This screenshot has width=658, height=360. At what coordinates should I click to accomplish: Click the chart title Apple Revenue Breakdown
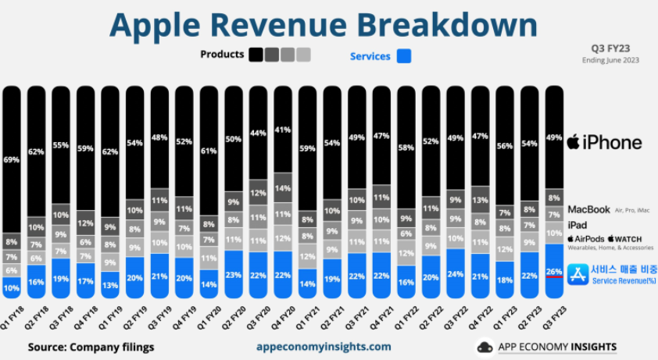pos(324,25)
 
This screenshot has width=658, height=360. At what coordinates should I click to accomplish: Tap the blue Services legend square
pos(404,56)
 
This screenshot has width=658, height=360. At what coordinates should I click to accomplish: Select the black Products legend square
pos(256,55)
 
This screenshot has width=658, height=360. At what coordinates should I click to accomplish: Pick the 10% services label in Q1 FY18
pos(12,287)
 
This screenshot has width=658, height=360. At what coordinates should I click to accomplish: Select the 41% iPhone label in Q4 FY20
pos(282,129)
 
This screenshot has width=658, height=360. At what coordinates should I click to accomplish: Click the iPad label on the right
pos(577,224)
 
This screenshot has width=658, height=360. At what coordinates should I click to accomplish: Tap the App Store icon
pos(579,274)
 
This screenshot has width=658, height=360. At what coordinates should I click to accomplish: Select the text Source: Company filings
pos(91,347)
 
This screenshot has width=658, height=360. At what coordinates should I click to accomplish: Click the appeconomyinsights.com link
pos(324,347)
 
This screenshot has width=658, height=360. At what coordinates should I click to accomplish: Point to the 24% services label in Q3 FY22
pos(455,274)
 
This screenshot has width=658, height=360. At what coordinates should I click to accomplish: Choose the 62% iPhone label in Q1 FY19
pos(110,152)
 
